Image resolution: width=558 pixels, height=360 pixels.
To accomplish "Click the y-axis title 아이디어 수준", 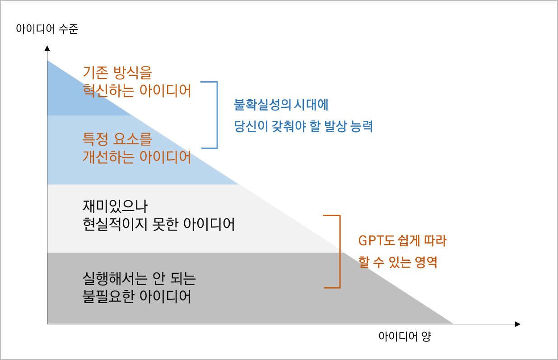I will [x=47, y=30].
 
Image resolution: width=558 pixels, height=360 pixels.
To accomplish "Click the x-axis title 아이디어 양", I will [x=405, y=337].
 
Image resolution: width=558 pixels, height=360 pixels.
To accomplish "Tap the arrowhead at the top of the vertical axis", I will [x=47, y=47].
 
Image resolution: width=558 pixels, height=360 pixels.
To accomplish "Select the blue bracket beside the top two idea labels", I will [x=216, y=115].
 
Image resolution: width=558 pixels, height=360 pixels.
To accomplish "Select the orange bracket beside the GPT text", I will [x=338, y=251].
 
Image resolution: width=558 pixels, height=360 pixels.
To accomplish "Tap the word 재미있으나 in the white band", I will [x=115, y=207].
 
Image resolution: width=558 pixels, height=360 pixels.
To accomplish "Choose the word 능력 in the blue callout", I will [x=361, y=127].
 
